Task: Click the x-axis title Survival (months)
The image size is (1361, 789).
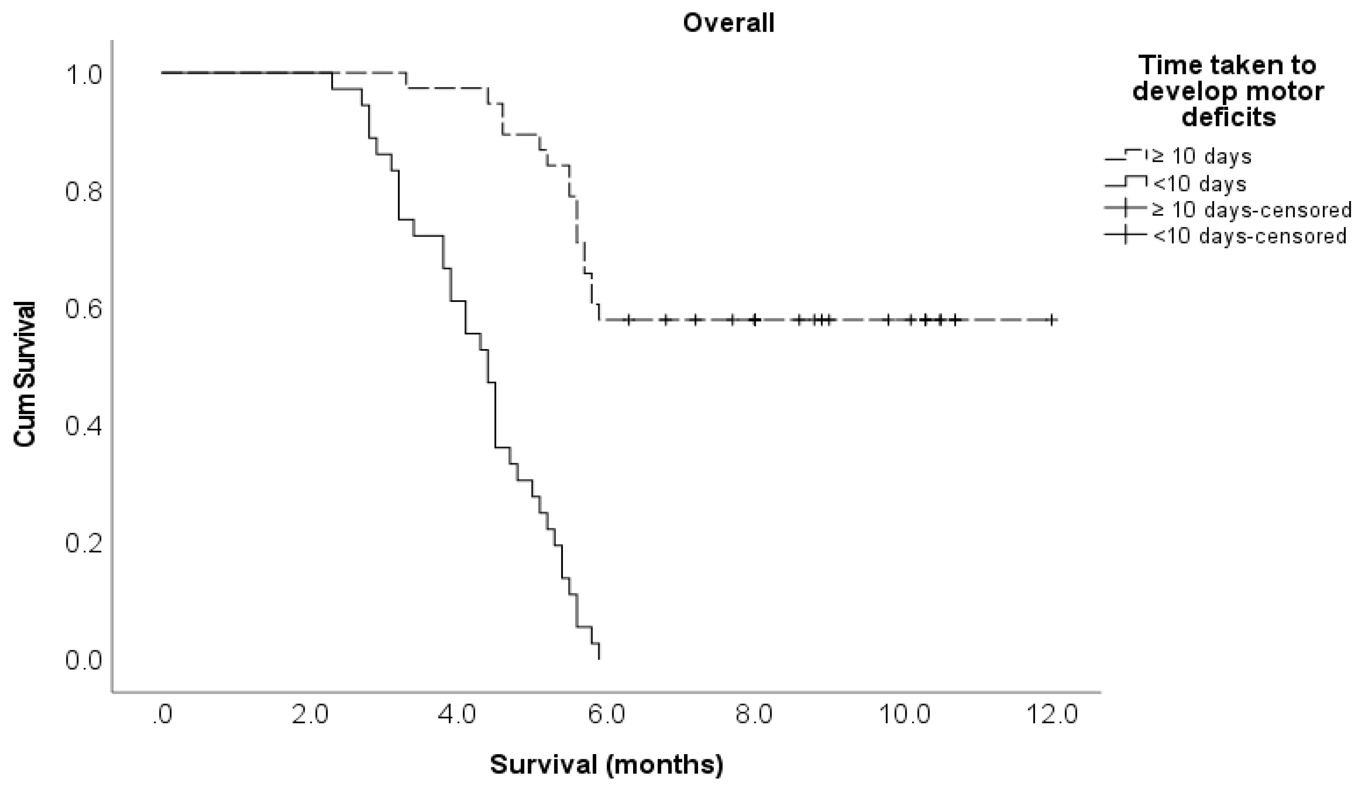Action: tap(606, 765)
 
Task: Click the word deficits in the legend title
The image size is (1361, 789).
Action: tap(1228, 117)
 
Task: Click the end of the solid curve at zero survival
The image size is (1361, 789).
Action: tap(599, 658)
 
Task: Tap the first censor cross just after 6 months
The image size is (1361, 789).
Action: tap(628, 320)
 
